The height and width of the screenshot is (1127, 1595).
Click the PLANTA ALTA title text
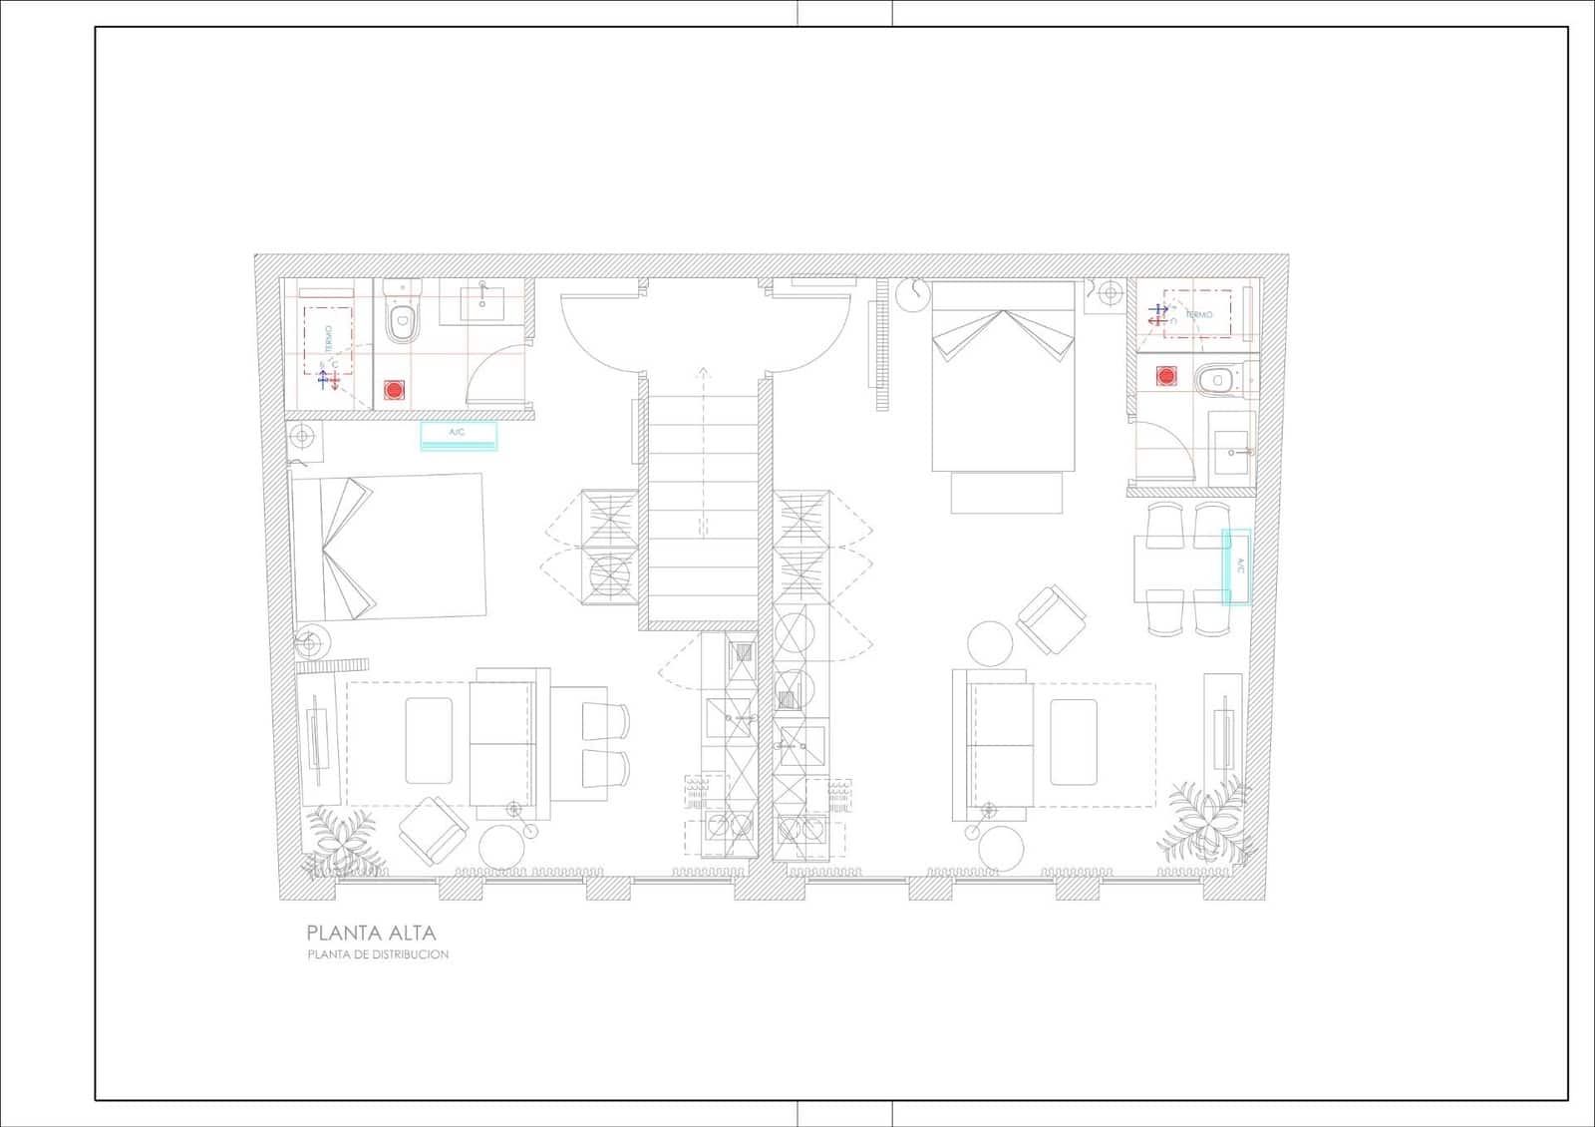[x=371, y=934]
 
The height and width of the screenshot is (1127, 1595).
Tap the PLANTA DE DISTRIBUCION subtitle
[x=378, y=954]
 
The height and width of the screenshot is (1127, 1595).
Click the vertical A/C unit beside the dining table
[x=1237, y=566]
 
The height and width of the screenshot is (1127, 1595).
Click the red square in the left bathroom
[x=395, y=389]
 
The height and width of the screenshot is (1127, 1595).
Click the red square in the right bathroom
[x=1165, y=376]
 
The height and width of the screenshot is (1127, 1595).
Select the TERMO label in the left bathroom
[x=329, y=336]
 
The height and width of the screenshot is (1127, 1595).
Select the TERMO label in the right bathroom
[x=1199, y=314]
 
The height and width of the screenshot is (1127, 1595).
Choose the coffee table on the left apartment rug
[x=429, y=741]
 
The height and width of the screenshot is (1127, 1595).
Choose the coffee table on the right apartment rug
[x=1074, y=741]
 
